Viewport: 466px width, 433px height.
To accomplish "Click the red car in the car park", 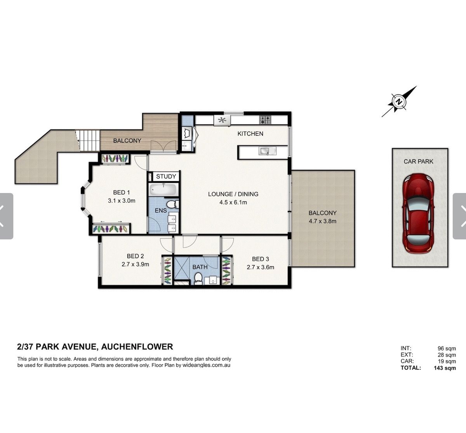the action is click(418, 213).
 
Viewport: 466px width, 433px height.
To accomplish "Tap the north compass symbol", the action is click(399, 101).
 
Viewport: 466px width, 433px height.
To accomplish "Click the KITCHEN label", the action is click(250, 134).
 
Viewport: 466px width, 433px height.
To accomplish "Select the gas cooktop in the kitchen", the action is click(265, 120).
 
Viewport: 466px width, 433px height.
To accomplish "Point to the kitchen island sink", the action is click(268, 151).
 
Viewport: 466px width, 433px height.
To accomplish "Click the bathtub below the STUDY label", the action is click(163, 189).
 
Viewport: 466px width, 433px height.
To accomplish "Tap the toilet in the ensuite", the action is click(173, 204).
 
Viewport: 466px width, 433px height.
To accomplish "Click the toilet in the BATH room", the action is click(198, 278).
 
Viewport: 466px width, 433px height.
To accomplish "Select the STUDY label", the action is click(166, 176).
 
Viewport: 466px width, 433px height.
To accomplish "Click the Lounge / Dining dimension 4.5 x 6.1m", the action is click(233, 202).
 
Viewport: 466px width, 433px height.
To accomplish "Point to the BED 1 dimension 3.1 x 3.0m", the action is click(122, 201).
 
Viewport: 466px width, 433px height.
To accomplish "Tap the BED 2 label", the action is click(136, 256).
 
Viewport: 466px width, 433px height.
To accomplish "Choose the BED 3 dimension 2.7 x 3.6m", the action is click(261, 267).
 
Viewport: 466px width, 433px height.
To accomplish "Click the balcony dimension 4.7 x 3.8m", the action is click(323, 221).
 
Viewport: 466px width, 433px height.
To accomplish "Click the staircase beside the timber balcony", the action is click(89, 140).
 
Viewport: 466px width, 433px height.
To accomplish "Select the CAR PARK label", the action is click(418, 161).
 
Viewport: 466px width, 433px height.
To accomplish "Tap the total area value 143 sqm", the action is click(445, 368).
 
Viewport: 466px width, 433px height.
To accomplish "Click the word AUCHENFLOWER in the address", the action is click(137, 347).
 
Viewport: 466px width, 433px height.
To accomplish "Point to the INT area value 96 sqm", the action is click(447, 348).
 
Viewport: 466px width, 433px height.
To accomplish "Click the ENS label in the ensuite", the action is click(161, 211).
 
